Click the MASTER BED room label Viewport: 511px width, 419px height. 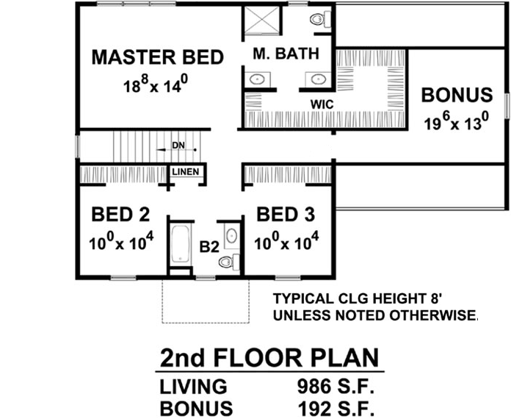(x=157, y=57)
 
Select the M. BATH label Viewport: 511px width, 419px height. (x=286, y=54)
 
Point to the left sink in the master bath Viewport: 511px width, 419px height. (x=258, y=79)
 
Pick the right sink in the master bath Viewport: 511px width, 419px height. (x=318, y=79)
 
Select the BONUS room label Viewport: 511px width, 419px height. (x=456, y=95)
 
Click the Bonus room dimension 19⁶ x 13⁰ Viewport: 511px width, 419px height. (x=455, y=122)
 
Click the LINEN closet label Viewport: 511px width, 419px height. (x=186, y=173)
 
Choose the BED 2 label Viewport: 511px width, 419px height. (x=120, y=215)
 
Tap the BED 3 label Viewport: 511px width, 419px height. (x=285, y=215)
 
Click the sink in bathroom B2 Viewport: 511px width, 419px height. (x=231, y=235)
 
